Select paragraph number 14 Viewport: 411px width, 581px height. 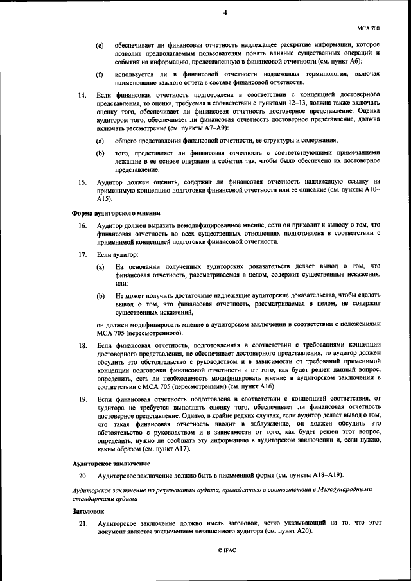pyautogui.click(x=82, y=96)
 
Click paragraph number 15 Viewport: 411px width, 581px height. pyautogui.click(x=82, y=182)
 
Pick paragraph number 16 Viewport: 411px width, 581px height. pyautogui.click(x=82, y=225)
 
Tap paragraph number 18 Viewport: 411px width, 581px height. pyautogui.click(x=82, y=346)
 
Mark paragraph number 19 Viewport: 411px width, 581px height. pyautogui.click(x=82, y=399)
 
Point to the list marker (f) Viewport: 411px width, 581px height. pyautogui.click(x=100, y=74)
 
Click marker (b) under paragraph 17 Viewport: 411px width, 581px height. pyautogui.click(x=101, y=296)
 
